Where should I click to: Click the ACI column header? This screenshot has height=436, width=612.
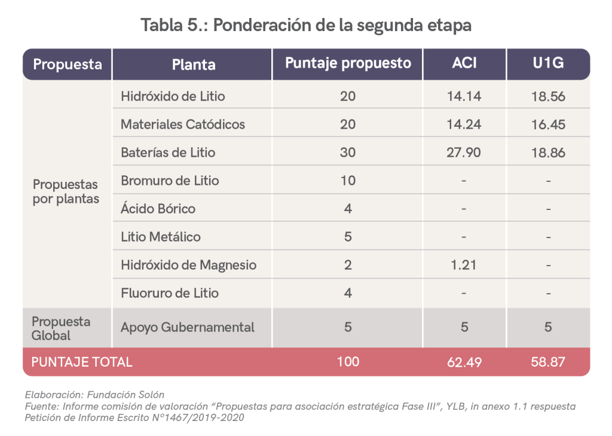tap(464, 63)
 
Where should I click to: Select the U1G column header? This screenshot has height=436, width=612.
tap(547, 63)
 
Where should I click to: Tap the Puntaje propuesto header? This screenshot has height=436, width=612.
tap(348, 63)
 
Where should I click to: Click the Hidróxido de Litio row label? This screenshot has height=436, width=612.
tap(173, 96)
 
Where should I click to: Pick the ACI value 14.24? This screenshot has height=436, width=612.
tap(464, 124)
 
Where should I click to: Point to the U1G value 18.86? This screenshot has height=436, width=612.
tap(548, 153)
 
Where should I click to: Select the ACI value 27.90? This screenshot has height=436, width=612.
tap(464, 153)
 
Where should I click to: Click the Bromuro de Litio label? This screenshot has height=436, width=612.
tap(170, 181)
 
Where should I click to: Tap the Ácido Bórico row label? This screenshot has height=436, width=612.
tap(158, 209)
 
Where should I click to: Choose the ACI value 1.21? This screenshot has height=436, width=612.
tap(464, 265)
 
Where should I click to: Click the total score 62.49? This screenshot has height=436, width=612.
tap(464, 362)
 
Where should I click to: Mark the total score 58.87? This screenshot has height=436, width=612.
tap(548, 362)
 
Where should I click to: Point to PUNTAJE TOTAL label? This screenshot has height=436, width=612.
tap(82, 362)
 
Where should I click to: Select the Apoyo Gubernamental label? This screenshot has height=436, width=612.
tap(188, 328)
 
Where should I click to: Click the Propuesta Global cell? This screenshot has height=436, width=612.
tap(61, 328)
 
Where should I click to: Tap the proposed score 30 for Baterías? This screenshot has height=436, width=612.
tap(348, 153)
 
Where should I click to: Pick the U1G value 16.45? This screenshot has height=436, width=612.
tap(548, 124)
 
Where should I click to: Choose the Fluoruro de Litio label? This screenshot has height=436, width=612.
tap(170, 293)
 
